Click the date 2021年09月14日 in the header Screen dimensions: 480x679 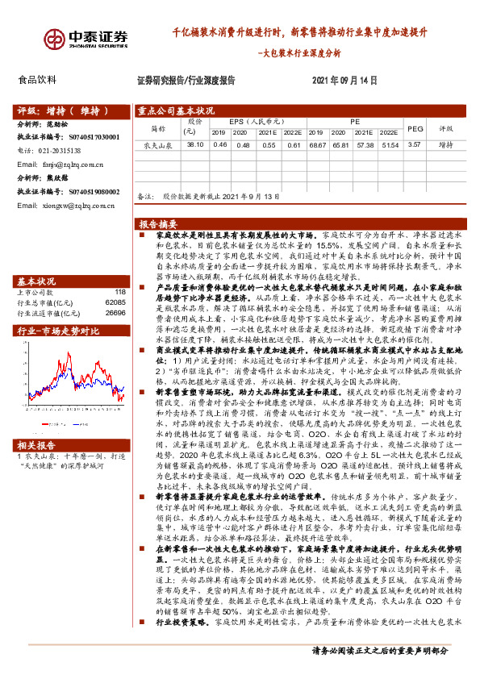344,81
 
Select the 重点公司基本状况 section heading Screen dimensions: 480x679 176,110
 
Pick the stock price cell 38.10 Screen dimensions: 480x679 194,144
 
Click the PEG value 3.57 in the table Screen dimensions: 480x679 415,144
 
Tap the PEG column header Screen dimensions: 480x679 415,127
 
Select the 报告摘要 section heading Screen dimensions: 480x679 158,223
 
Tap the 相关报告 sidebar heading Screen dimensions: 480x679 36,444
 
